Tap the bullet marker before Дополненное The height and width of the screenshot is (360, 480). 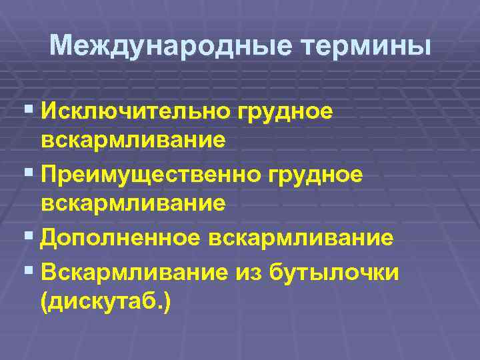[x=27, y=235]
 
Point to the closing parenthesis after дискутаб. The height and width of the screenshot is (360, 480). [x=167, y=301]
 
